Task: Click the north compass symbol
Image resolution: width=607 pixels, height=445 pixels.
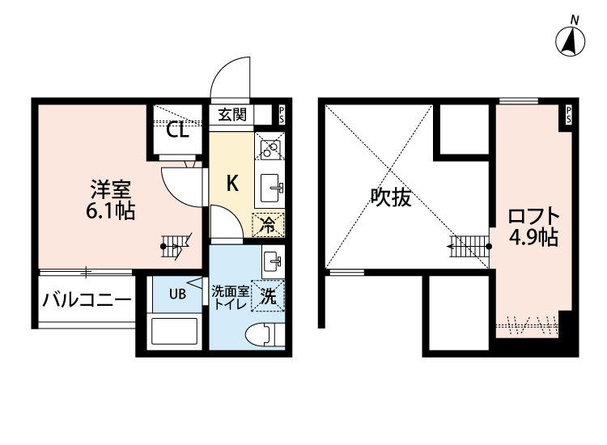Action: (x=574, y=40)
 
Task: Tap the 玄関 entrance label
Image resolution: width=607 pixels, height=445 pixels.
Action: (x=232, y=115)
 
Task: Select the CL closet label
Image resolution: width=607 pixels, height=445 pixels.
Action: (x=178, y=129)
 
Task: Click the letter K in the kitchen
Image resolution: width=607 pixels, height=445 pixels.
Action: (x=231, y=183)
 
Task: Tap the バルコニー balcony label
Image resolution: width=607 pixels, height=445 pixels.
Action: (x=87, y=301)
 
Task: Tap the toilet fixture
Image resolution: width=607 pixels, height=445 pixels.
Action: (x=263, y=333)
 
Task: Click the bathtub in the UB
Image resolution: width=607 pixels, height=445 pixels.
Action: (x=174, y=333)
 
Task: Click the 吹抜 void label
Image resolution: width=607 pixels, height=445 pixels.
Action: (x=391, y=198)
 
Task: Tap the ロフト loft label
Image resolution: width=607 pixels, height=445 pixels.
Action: (x=533, y=217)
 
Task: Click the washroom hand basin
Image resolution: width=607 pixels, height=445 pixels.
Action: (x=272, y=261)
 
